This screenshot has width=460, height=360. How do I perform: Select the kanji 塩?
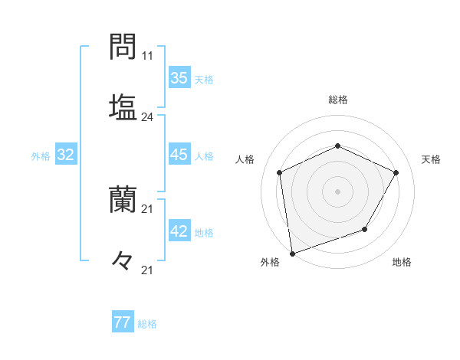tap(123, 106)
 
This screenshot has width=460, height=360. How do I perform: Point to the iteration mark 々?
tap(123, 260)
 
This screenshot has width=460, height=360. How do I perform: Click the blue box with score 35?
tap(179, 77)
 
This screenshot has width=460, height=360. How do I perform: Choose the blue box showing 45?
tap(179, 155)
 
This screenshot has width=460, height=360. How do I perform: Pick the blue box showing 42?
tap(179, 232)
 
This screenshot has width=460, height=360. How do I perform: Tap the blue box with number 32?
tap(66, 155)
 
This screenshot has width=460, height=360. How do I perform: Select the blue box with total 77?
tap(122, 322)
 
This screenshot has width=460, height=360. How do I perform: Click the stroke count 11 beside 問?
tap(147, 56)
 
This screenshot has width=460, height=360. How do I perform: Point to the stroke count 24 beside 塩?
tap(147, 117)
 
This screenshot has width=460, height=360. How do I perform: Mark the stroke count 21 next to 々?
tap(147, 270)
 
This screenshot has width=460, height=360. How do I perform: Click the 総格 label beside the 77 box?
tap(147, 324)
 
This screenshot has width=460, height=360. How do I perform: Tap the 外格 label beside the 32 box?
tap(41, 156)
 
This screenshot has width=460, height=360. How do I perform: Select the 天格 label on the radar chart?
tap(432, 159)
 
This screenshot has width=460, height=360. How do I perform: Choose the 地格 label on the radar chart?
tap(402, 262)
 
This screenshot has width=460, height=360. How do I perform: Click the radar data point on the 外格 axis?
tap(292, 252)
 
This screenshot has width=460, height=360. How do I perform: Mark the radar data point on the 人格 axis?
tap(280, 172)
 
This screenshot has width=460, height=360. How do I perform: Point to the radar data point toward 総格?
tap(337, 146)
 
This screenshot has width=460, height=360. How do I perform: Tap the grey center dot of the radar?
tap(337, 191)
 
